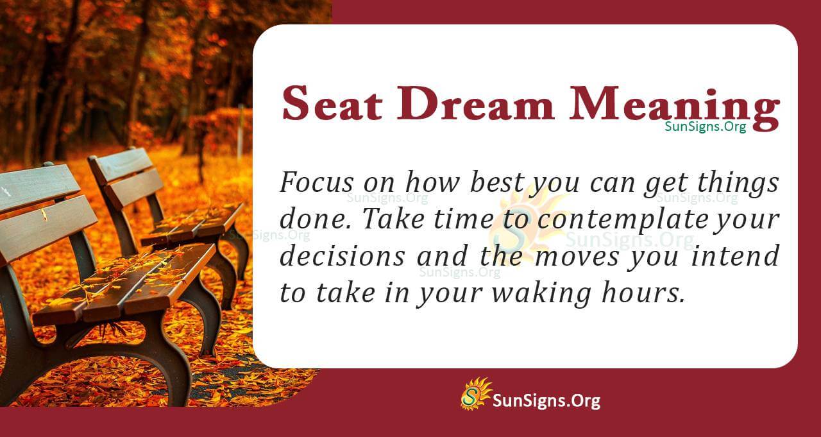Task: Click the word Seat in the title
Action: pyautogui.click(x=325, y=103)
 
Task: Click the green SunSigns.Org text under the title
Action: pyautogui.click(x=705, y=126)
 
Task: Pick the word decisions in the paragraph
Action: pyautogui.click(x=342, y=256)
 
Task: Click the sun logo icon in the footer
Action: pyautogui.click(x=475, y=393)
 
